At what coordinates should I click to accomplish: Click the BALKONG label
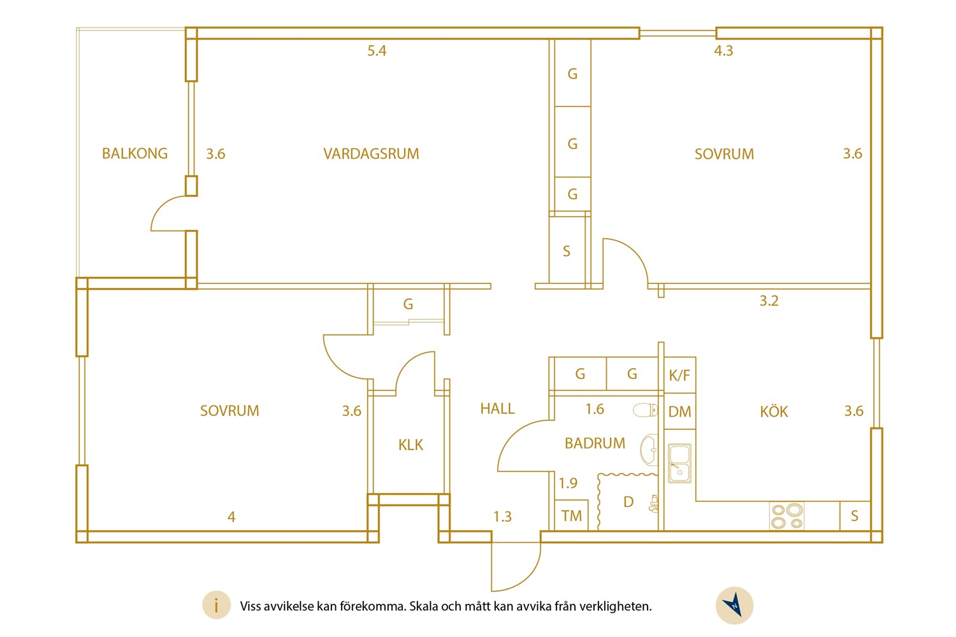[x=135, y=153]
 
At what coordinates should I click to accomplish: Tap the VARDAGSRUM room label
[x=372, y=154]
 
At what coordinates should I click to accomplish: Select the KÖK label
[x=774, y=412]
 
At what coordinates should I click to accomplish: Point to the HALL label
[x=497, y=409]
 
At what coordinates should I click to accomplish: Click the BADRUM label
[x=595, y=443]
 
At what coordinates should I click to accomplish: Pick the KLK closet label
[x=410, y=445]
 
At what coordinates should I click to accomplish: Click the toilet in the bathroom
[x=645, y=410]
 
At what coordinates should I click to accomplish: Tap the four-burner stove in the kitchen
[x=786, y=516]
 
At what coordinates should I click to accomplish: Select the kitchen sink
[x=679, y=463]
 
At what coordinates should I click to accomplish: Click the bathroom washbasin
[x=649, y=450]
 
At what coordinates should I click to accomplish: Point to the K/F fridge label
[x=679, y=375]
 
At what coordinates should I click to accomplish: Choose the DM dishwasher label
[x=680, y=412]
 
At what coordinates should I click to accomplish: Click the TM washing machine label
[x=572, y=516]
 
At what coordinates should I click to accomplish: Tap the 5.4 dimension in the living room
[x=377, y=51]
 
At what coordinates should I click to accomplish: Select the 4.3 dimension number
[x=723, y=51]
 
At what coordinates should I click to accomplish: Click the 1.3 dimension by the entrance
[x=502, y=517]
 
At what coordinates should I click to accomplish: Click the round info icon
[x=217, y=605]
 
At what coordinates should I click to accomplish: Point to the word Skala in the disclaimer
[x=424, y=606]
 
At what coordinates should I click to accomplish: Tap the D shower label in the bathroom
[x=628, y=502]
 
